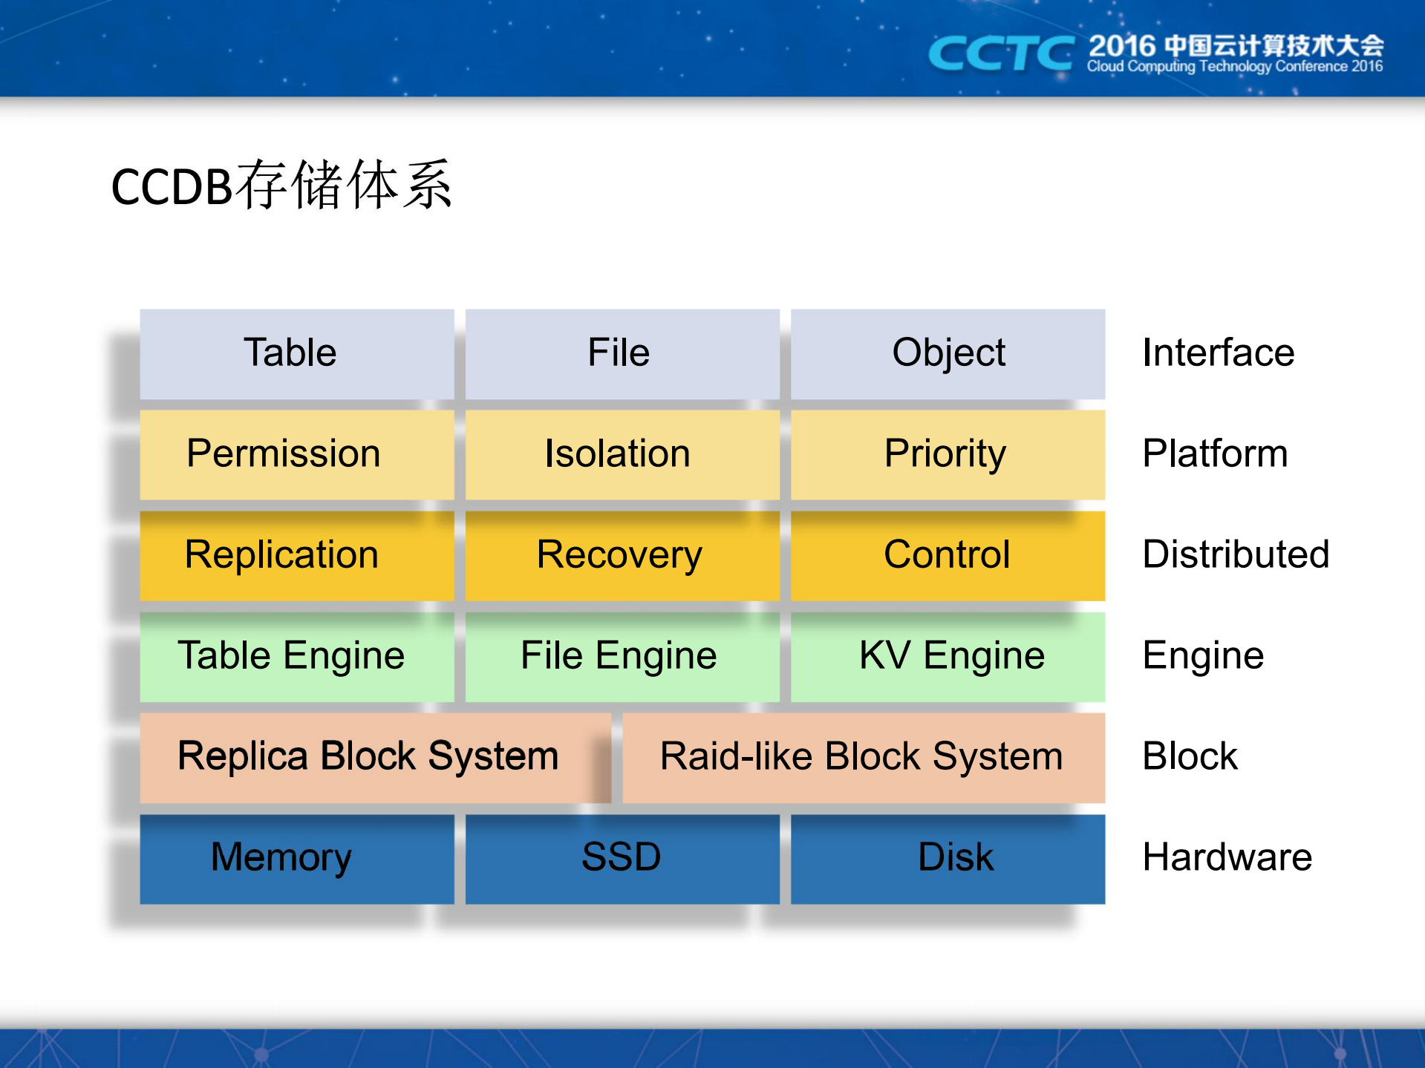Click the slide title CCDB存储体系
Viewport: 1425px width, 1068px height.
(281, 186)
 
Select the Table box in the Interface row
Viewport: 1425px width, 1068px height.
(296, 353)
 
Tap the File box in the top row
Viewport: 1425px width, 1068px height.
(622, 353)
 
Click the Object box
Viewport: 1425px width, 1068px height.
(948, 353)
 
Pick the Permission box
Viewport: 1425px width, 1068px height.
(296, 454)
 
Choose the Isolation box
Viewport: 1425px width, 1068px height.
(622, 454)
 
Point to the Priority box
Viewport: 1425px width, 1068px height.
(948, 454)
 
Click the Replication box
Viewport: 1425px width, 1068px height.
(296, 555)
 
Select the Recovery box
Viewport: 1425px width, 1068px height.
(622, 555)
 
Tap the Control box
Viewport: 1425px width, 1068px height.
(948, 555)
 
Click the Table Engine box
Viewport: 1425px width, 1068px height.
(296, 656)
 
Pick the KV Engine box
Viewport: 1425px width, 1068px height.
(948, 656)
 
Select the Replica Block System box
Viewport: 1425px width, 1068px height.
(374, 757)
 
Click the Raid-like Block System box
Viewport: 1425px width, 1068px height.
(863, 757)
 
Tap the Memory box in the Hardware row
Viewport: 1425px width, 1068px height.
(296, 858)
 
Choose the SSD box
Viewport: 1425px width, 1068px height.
(622, 858)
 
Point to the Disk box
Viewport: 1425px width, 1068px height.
(948, 858)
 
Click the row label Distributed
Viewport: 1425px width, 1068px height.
(1235, 554)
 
